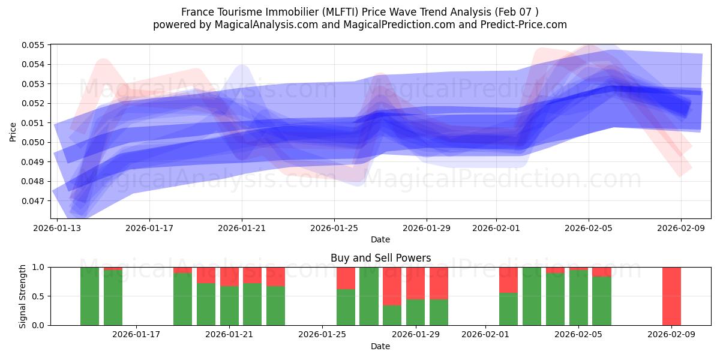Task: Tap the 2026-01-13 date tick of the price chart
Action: coord(57,228)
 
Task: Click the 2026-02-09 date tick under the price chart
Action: coord(680,228)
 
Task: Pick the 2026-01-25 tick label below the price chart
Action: coord(334,228)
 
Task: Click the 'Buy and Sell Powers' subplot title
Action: coord(380,259)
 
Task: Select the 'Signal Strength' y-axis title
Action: coord(23,296)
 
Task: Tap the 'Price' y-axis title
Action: coord(13,131)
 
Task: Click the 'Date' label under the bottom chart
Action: coord(380,346)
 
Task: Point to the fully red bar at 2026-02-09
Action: coord(671,296)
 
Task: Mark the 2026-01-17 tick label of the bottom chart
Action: coord(136,334)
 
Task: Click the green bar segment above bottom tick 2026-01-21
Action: coord(229,305)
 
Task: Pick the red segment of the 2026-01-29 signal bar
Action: coord(415,283)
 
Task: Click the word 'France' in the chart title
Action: coord(196,12)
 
